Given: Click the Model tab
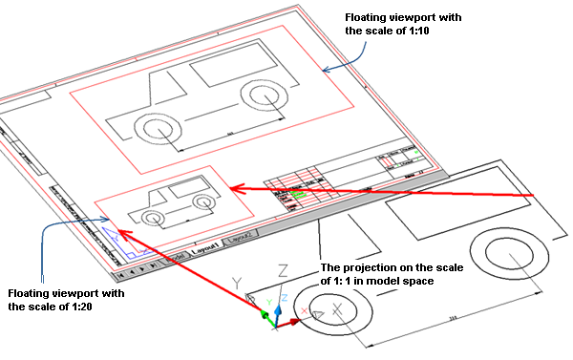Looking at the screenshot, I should (x=175, y=258).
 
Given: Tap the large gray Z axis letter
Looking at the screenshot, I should (x=282, y=270).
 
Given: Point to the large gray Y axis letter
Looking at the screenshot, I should (x=239, y=284).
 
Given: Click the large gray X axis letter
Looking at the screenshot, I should (x=337, y=309).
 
